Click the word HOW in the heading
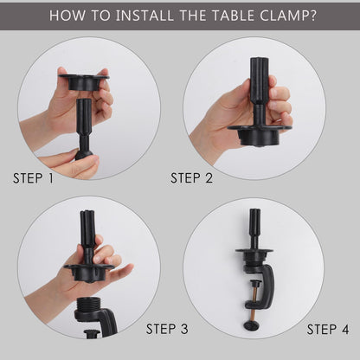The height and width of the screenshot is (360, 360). point(67,16)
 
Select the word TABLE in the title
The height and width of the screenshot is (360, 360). point(234,16)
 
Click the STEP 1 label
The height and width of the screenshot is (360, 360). point(33,178)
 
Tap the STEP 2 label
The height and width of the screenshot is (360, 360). point(191,178)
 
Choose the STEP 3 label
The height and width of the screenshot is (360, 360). point(167,329)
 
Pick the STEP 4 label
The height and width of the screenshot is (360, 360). point(328,329)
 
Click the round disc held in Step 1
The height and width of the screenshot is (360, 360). point(84,81)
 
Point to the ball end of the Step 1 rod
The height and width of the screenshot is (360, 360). point(84,155)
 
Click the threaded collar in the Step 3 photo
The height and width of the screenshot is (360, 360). point(88,305)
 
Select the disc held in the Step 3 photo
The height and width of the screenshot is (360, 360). point(89,272)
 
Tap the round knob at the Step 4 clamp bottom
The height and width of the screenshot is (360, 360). point(252,326)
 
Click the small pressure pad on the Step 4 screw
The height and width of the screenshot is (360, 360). point(254,282)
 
